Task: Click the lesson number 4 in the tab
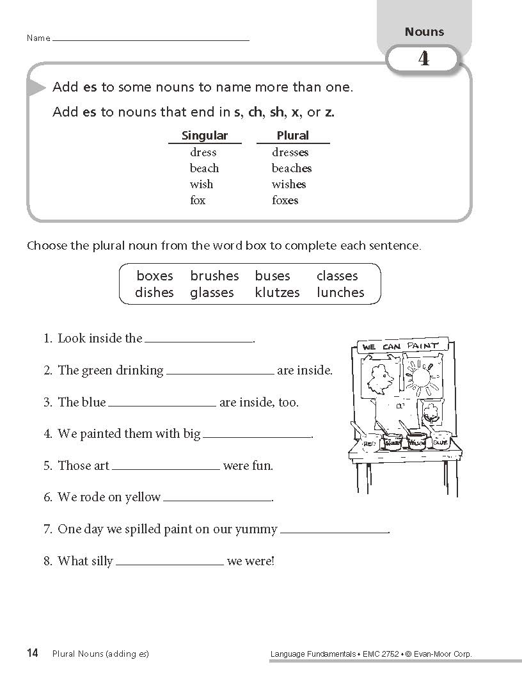tap(423, 60)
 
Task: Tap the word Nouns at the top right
tap(424, 32)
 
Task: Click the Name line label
tap(38, 38)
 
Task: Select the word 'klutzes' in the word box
tap(277, 293)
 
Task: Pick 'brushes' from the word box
tap(214, 276)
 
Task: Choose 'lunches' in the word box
tap(340, 293)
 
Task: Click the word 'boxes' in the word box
tap(155, 276)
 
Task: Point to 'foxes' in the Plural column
tap(285, 200)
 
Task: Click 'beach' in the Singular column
tap(204, 168)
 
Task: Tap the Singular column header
tap(205, 136)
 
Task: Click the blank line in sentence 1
tap(199, 339)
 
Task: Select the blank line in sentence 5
tap(166, 467)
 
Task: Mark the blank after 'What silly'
tap(170, 562)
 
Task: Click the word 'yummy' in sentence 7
tap(256, 529)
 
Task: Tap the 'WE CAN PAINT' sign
tap(400, 346)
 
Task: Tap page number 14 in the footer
tap(33, 653)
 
